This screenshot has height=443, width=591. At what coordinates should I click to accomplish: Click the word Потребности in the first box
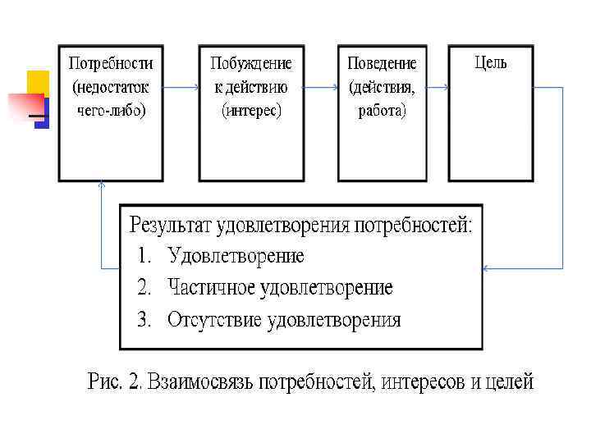111,63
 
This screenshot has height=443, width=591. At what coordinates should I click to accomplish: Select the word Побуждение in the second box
250,63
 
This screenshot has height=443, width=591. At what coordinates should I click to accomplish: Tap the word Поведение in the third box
382,63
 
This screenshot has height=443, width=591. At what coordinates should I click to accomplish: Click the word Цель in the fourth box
491,62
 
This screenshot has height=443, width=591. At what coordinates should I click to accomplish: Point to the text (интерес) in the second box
251,109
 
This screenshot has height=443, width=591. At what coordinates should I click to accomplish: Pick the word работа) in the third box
382,110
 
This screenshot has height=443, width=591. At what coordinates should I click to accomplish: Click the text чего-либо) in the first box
111,109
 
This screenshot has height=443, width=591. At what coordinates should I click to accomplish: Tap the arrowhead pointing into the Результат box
487,267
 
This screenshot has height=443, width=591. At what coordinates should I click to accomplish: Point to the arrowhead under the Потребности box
101,185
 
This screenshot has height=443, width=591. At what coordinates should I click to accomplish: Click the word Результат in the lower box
174,225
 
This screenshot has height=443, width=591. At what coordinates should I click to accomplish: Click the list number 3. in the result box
144,320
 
